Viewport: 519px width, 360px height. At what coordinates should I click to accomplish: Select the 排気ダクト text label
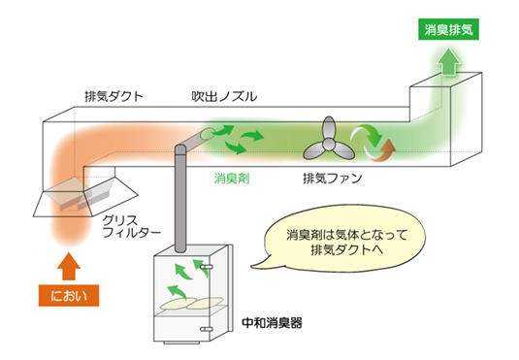point(114,95)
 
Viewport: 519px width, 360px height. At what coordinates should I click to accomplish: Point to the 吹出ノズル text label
point(224,95)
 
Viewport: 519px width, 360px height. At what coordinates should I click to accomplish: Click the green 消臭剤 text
point(232,179)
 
